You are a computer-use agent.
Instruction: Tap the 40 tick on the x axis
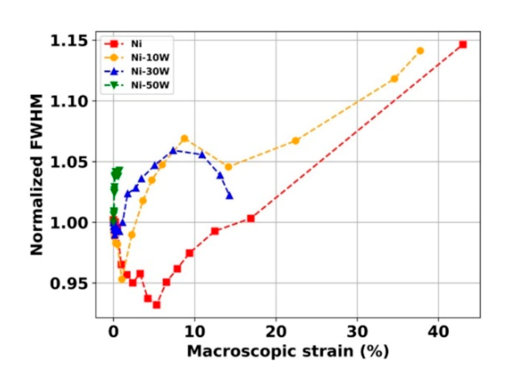(x=438, y=330)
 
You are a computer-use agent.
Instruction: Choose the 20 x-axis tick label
(x=276, y=330)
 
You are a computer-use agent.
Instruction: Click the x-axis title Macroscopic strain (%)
(x=288, y=351)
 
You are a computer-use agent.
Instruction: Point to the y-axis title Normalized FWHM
(x=36, y=175)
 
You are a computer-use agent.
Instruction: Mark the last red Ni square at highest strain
(x=463, y=44)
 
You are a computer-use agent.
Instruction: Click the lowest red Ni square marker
(x=156, y=305)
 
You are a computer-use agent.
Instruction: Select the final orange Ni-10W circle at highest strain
(x=420, y=51)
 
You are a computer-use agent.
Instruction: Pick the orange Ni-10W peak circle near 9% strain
(x=185, y=139)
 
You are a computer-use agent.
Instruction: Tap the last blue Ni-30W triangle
(x=229, y=196)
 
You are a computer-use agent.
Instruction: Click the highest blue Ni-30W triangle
(x=173, y=150)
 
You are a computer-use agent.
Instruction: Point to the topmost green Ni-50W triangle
(x=118, y=171)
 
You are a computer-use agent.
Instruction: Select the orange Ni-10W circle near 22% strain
(x=295, y=141)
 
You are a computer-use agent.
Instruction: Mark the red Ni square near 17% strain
(x=251, y=218)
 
